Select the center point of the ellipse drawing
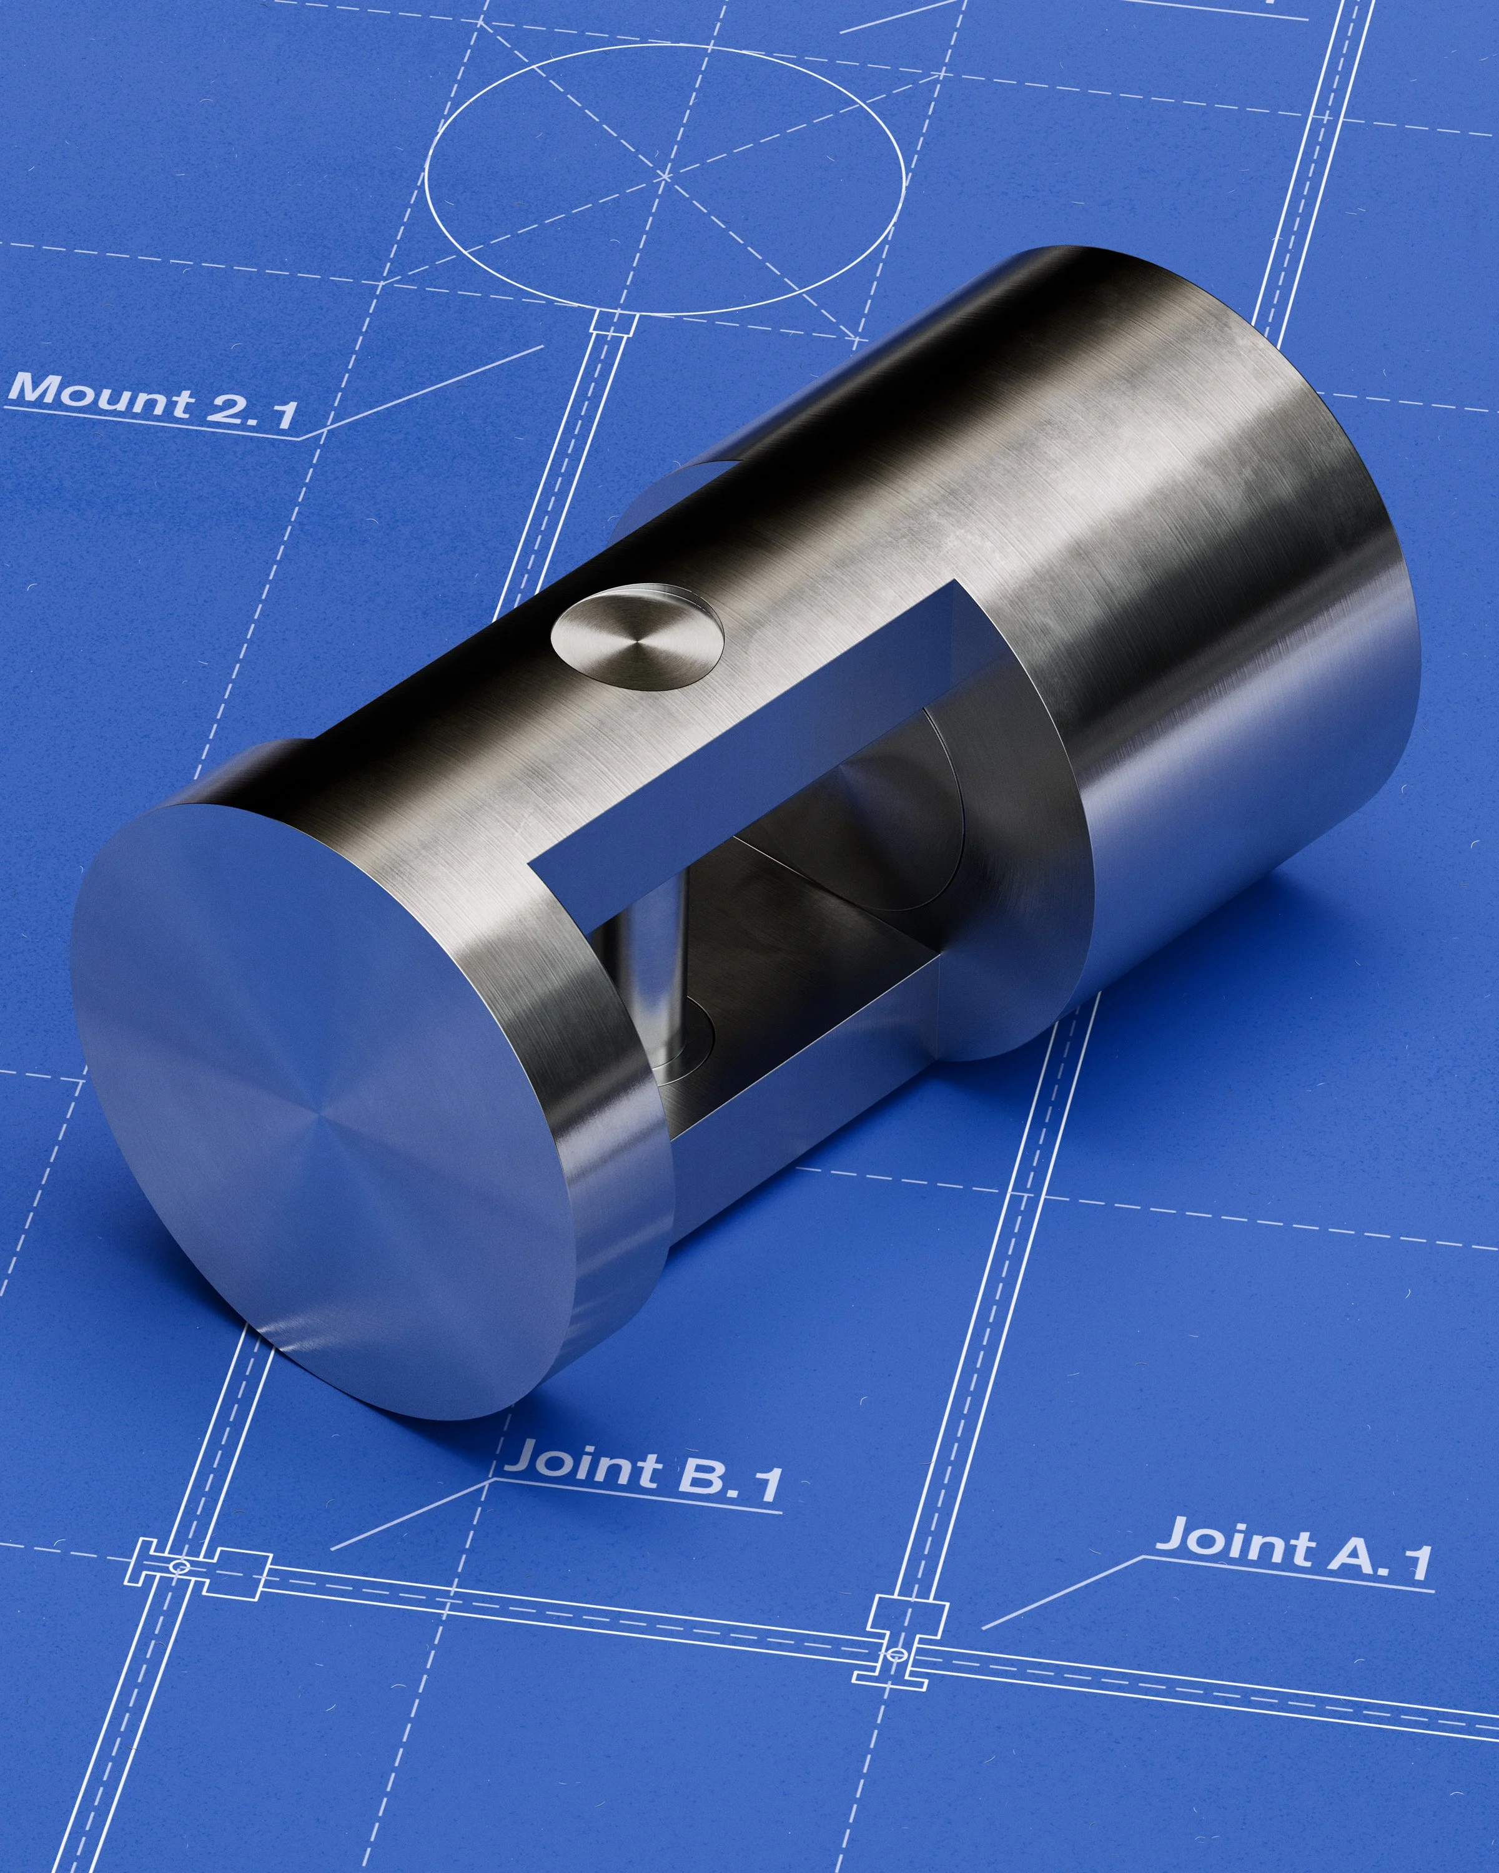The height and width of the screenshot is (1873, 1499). click(x=665, y=176)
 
